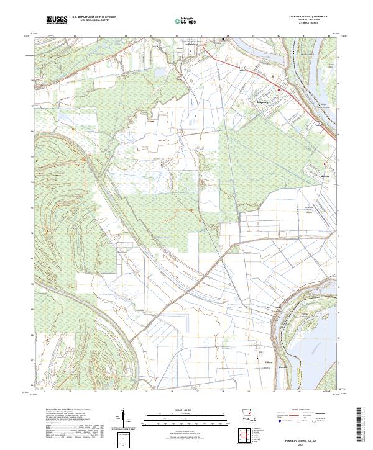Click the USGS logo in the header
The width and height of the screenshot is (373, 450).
57,20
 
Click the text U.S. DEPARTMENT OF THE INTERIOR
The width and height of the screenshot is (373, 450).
94,17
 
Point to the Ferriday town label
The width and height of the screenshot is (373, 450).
192,45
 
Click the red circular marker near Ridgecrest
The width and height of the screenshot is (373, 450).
279,91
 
